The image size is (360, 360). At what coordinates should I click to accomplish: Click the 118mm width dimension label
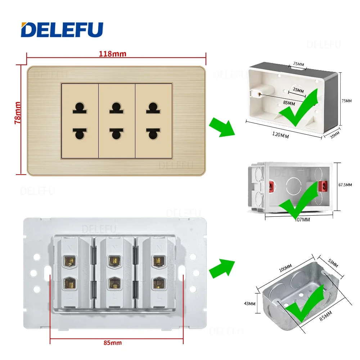113,54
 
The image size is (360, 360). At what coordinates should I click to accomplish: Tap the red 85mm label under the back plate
112,342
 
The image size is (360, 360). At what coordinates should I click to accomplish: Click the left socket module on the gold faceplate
80,121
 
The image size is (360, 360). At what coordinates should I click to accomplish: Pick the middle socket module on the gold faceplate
117,121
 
